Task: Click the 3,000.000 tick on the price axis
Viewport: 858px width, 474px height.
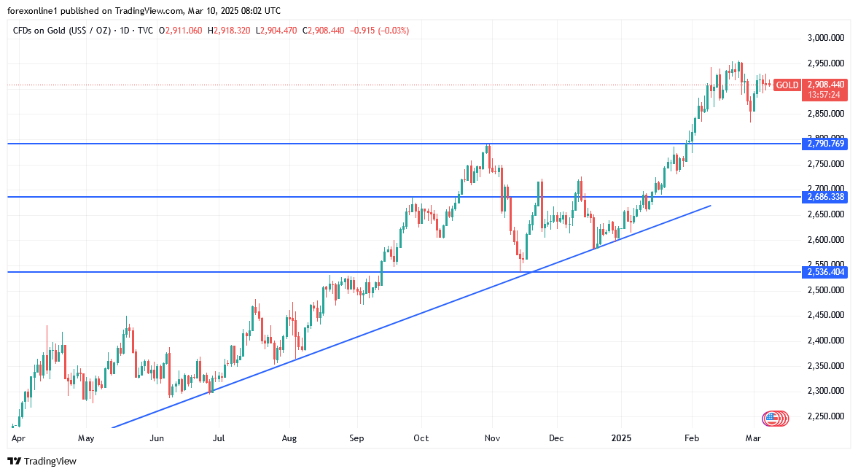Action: [x=825, y=38]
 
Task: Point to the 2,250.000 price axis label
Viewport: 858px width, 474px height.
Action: [x=825, y=416]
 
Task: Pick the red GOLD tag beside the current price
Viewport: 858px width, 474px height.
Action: [x=787, y=85]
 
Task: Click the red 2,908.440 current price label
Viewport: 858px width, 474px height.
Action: [x=826, y=85]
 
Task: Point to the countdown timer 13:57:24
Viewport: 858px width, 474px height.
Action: [x=824, y=95]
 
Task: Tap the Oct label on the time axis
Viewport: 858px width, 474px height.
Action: [x=421, y=438]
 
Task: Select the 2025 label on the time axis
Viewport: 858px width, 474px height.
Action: [x=621, y=438]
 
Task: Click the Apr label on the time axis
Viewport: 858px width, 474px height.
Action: [x=19, y=438]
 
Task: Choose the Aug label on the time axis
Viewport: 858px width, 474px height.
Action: [x=289, y=438]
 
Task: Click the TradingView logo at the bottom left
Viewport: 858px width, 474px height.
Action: [x=42, y=461]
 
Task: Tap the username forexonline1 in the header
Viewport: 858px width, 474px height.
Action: [x=33, y=11]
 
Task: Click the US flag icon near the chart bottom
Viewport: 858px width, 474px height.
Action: [x=770, y=419]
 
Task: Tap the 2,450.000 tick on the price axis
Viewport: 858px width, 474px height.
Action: [x=825, y=315]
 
